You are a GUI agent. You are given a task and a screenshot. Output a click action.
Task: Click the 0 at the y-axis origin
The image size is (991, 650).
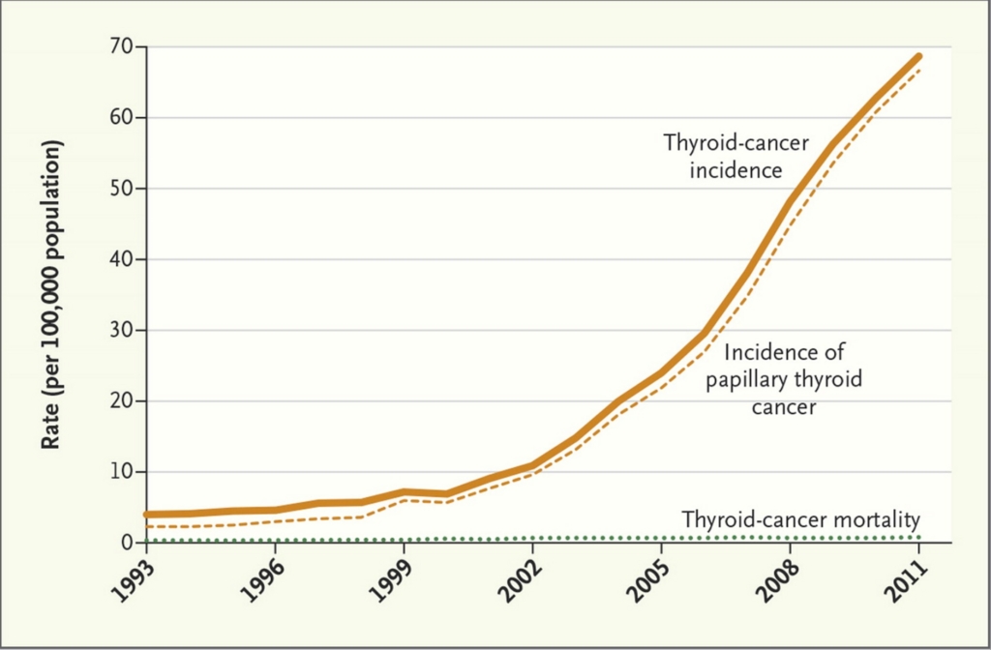pyautogui.click(x=127, y=543)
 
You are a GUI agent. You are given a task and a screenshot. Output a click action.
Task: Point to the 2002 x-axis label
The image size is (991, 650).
pyautogui.click(x=516, y=581)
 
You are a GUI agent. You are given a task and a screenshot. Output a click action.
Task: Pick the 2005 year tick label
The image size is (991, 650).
pyautogui.click(x=645, y=581)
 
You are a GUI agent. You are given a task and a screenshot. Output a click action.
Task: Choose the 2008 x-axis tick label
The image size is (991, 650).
pyautogui.click(x=773, y=581)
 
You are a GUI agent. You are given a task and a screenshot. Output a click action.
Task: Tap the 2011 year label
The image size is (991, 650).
pyautogui.click(x=902, y=581)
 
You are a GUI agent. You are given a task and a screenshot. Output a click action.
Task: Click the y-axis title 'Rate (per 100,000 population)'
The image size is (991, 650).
pyautogui.click(x=52, y=294)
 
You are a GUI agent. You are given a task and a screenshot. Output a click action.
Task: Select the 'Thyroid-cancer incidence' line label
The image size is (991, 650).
pyautogui.click(x=736, y=156)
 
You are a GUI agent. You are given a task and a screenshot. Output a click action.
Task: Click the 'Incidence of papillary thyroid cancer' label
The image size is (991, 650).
pyautogui.click(x=784, y=379)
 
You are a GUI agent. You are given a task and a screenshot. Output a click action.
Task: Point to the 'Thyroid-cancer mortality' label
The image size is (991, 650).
pyautogui.click(x=800, y=519)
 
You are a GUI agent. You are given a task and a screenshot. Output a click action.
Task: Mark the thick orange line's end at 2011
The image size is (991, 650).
pyautogui.click(x=918, y=57)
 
